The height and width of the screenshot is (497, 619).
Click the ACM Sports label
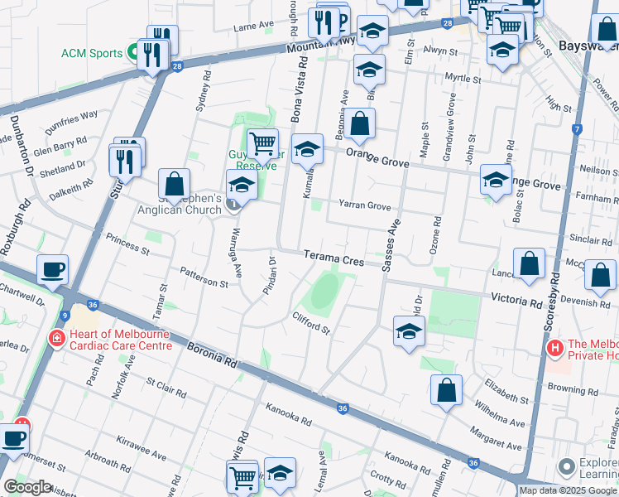(x=91, y=54)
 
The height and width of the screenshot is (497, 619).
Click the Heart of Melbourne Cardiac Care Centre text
(x=120, y=340)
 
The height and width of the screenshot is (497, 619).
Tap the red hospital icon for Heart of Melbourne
(x=56, y=339)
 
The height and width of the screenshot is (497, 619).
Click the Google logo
(x=28, y=487)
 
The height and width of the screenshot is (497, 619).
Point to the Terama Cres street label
(x=333, y=258)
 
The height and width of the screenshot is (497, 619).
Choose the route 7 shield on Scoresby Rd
(x=578, y=129)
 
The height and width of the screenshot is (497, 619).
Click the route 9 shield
(x=64, y=315)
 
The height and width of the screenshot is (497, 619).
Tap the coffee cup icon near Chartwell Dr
(x=52, y=269)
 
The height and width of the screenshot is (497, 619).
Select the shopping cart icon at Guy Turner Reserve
(x=262, y=144)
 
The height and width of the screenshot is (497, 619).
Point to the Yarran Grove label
(x=364, y=205)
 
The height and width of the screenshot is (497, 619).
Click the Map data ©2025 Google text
(x=568, y=490)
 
